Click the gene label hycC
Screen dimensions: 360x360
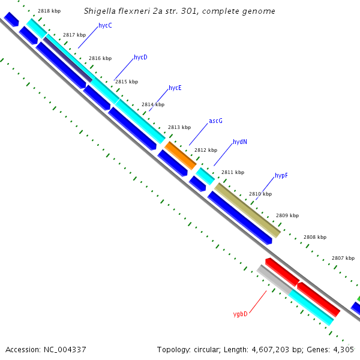pos(105,26)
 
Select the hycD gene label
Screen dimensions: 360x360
pos(140,58)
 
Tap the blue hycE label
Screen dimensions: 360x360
pos(175,88)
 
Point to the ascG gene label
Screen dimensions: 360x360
pos(215,121)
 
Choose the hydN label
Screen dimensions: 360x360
pos(239,142)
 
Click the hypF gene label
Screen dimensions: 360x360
pos(281,175)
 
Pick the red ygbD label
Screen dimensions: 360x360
pos(240,313)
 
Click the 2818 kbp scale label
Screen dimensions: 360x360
pos(49,11)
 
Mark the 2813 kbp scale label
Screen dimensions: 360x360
pos(179,127)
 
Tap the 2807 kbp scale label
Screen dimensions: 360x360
pos(343,258)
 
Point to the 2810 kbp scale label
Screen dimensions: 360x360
pos(260,194)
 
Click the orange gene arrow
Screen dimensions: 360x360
pos(181,155)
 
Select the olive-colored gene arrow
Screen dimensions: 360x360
pos(247,210)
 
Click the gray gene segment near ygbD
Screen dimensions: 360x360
pos(273,279)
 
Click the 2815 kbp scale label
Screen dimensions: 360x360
pos(127,82)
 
